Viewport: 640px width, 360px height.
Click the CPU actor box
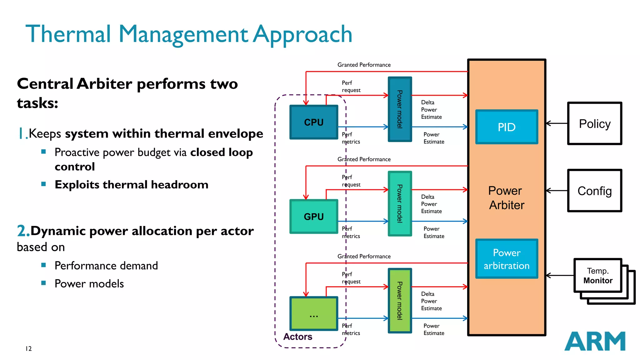tap(314, 122)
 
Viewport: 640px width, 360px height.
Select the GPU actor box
tap(314, 217)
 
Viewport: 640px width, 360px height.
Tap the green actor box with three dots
tap(314, 314)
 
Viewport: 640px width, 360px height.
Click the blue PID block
tap(507, 127)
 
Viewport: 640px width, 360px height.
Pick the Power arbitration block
tap(507, 259)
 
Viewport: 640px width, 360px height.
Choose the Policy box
tap(594, 123)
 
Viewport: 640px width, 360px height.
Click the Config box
tap(594, 191)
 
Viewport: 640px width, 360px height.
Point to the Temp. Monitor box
tap(597, 276)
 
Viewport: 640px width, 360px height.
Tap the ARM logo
tap(595, 341)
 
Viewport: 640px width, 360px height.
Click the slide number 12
tap(28, 349)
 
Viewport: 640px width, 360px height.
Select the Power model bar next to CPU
tap(400, 109)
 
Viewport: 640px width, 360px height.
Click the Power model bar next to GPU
tap(400, 203)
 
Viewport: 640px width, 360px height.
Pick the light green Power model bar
tap(400, 301)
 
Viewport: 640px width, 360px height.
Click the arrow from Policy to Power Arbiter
tap(557, 123)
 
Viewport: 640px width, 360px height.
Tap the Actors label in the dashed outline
tap(297, 337)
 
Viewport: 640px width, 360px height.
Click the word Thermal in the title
tap(68, 34)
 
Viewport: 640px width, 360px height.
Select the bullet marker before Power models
tap(43, 283)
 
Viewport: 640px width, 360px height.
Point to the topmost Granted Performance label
tap(364, 65)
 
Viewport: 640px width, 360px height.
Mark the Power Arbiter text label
tap(506, 198)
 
